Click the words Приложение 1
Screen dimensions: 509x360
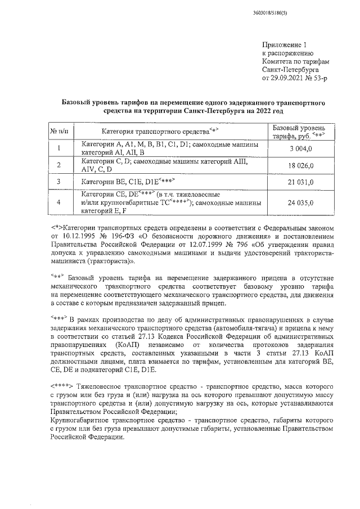point(285,44)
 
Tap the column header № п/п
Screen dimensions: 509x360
point(59,132)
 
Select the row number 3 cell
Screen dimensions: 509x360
point(59,182)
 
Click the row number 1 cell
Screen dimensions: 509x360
point(59,148)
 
